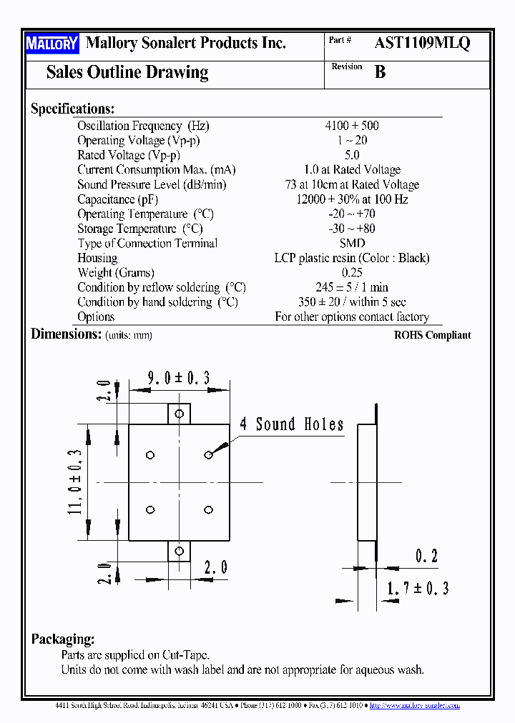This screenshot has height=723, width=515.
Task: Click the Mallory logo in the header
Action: pos(51,44)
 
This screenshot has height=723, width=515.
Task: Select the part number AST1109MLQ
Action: pos(422,43)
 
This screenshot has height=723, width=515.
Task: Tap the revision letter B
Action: pos(380,71)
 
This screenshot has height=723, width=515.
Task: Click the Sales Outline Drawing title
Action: pos(127,72)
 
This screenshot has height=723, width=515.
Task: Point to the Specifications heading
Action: pos(72,109)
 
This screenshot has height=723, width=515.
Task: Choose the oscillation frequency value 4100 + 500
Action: pos(351,126)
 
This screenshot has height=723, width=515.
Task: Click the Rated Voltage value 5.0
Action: pos(351,155)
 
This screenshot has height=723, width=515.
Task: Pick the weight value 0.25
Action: pos(351,273)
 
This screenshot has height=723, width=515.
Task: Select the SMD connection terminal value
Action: pos(351,244)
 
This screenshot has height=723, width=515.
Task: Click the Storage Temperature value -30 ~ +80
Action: pos(351,229)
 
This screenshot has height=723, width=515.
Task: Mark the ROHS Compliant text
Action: pos(432,335)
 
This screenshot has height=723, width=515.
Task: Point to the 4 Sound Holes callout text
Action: pos(291,424)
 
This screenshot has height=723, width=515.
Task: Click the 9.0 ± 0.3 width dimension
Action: pos(178,379)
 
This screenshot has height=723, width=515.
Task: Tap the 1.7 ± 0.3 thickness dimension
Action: pos(418,588)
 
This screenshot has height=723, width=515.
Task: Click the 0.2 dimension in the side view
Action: pos(426,556)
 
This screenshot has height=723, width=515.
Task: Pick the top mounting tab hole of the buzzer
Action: pos(180,414)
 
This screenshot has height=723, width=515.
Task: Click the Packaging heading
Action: pos(63,639)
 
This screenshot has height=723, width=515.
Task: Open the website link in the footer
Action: pos(415,705)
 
